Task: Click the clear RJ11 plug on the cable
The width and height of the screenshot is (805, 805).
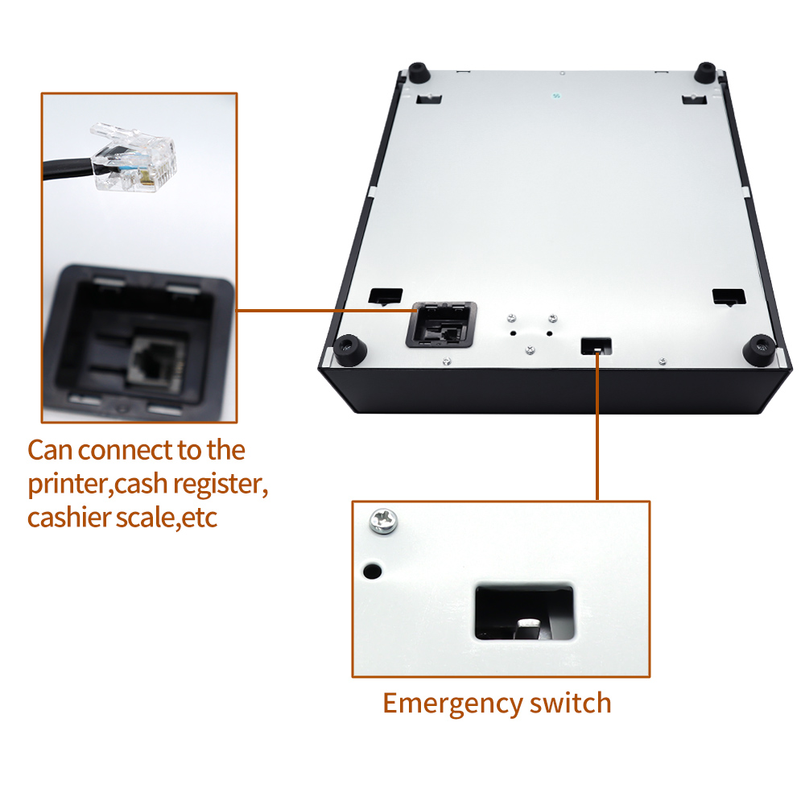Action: (x=134, y=158)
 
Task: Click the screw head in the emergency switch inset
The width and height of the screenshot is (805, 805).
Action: (x=383, y=521)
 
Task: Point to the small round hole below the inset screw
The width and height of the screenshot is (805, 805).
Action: (x=372, y=571)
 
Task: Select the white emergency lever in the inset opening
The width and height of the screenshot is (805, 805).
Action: (x=529, y=623)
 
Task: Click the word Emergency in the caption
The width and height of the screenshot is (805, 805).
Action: (x=452, y=704)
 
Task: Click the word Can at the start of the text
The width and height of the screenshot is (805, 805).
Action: (x=49, y=450)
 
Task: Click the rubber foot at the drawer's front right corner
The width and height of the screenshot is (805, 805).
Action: (x=759, y=351)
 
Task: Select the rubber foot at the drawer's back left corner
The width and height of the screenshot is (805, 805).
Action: (x=419, y=72)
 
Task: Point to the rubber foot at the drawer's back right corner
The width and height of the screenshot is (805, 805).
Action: (x=705, y=72)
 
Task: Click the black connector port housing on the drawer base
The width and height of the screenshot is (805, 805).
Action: (x=441, y=325)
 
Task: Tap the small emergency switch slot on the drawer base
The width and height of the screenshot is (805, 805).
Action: (x=596, y=346)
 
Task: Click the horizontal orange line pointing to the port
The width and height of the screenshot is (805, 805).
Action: (x=327, y=311)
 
